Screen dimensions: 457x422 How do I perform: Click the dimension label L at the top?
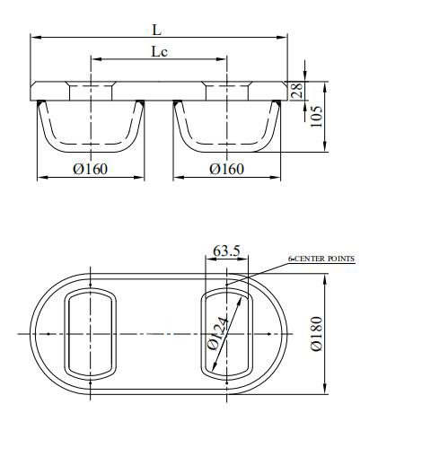click(x=158, y=29)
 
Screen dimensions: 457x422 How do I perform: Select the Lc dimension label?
click(x=159, y=51)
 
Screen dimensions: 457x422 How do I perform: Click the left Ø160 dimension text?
click(x=89, y=169)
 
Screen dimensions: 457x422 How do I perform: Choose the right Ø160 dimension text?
click(x=226, y=169)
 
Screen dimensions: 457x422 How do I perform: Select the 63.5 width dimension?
click(x=226, y=252)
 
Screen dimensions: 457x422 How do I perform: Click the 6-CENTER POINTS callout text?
click(x=321, y=259)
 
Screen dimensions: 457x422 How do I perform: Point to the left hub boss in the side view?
click(x=90, y=90)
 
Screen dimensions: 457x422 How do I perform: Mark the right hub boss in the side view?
click(x=227, y=90)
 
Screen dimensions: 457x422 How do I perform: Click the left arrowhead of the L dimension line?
click(x=35, y=38)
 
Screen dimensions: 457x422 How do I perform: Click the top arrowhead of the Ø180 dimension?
click(x=325, y=277)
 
